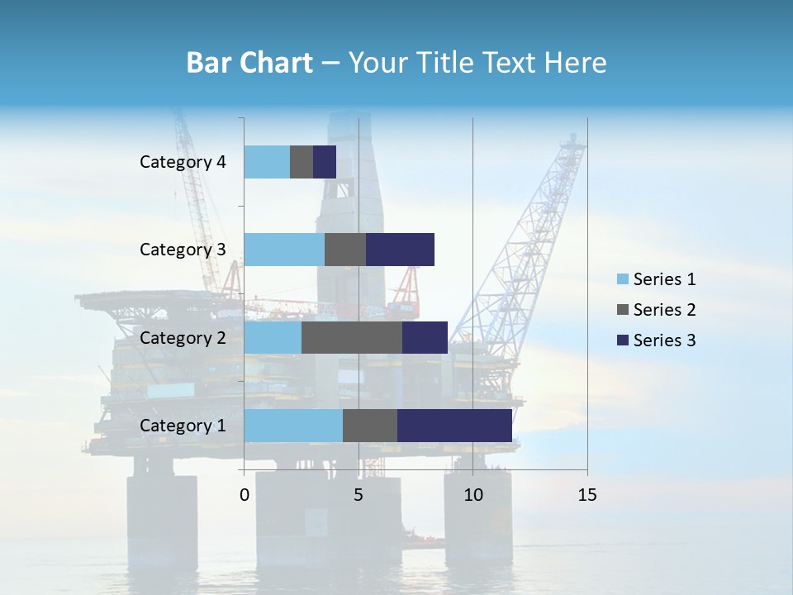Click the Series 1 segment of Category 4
click(x=267, y=162)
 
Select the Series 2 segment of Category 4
click(x=302, y=162)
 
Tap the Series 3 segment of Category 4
click(x=325, y=162)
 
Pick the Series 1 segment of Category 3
click(x=284, y=250)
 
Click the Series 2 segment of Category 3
click(x=345, y=250)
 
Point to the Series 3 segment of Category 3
click(x=400, y=250)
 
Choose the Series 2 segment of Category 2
click(x=352, y=337)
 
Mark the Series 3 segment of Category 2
click(x=425, y=337)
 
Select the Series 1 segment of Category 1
click(x=293, y=426)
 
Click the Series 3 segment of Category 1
click(x=454, y=426)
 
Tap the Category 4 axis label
click(x=183, y=162)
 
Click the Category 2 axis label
click(x=183, y=338)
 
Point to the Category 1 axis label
click(x=183, y=426)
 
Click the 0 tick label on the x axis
click(x=245, y=495)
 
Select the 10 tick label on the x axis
click(x=472, y=495)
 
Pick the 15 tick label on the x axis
click(x=586, y=495)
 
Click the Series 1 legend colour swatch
click(x=623, y=279)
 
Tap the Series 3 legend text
click(x=664, y=340)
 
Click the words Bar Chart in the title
click(x=249, y=63)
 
